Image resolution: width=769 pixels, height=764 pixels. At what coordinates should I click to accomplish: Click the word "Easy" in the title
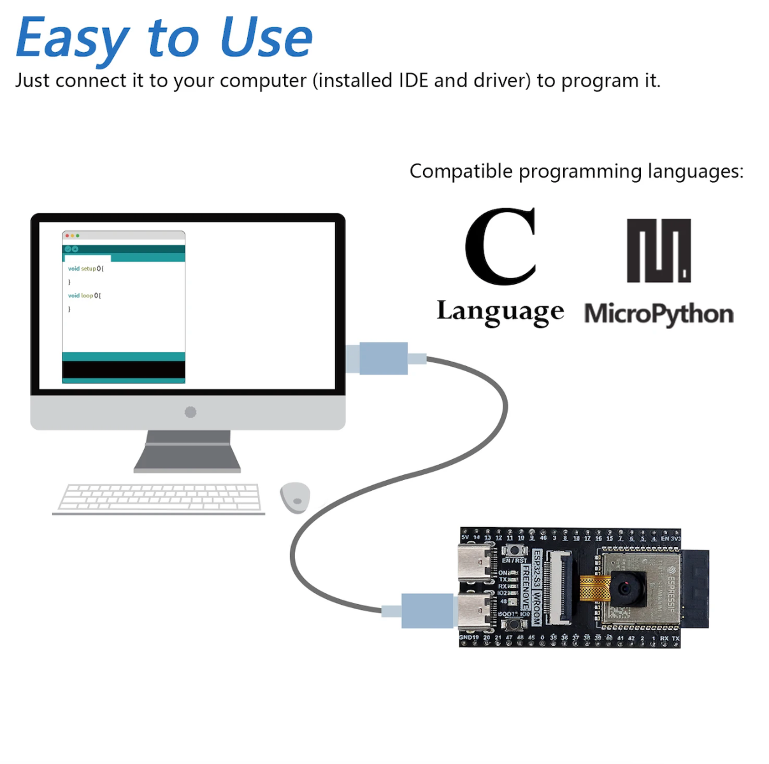coord(72,38)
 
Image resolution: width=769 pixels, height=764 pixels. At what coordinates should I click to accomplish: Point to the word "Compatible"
coord(461,171)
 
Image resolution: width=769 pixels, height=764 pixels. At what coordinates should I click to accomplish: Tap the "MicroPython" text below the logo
coord(659,314)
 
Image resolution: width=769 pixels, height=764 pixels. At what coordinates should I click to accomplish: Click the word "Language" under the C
coord(500,312)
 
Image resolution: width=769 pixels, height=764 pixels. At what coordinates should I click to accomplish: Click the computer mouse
coord(295,497)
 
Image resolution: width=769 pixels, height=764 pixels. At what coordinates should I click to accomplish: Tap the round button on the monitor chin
coord(190,412)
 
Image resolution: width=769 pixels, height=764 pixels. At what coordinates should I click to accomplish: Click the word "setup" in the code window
coord(88,269)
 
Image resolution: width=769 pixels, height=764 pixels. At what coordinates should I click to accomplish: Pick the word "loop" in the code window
coord(87,295)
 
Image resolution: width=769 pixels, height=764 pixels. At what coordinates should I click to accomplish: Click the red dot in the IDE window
coord(67,236)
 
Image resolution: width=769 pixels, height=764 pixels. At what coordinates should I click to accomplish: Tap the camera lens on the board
coord(625,587)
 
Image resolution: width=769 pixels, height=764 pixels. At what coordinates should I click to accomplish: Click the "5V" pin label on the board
coord(465,538)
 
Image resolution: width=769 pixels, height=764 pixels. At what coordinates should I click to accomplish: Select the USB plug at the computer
coord(383,358)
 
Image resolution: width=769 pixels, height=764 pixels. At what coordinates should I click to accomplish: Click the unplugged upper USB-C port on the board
coord(475,563)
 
